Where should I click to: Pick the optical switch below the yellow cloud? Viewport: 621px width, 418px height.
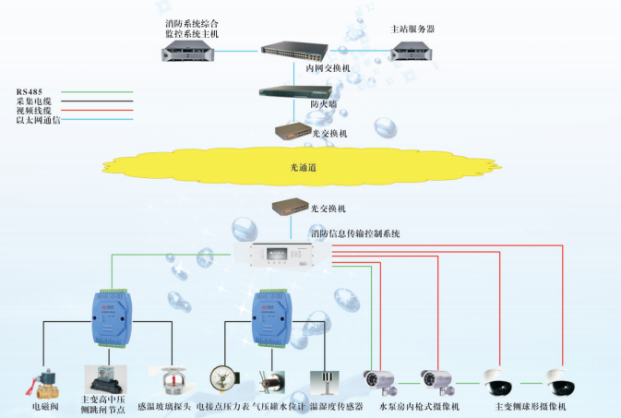pos(294,208)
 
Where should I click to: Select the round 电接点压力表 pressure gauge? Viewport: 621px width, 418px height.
pos(223,379)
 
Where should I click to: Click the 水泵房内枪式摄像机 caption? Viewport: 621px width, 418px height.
pos(419,406)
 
